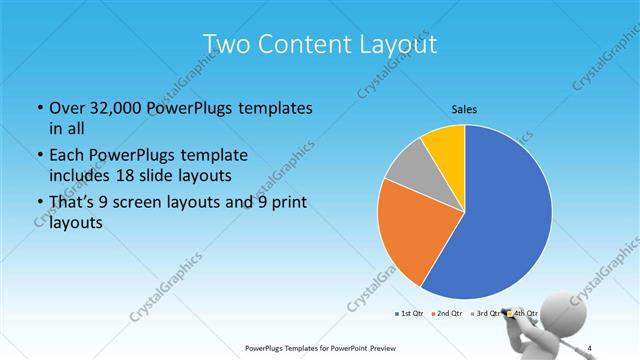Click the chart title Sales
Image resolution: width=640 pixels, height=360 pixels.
click(465, 108)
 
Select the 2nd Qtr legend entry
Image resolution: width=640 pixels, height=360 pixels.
click(446, 314)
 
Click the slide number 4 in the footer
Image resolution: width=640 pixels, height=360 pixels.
click(590, 347)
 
